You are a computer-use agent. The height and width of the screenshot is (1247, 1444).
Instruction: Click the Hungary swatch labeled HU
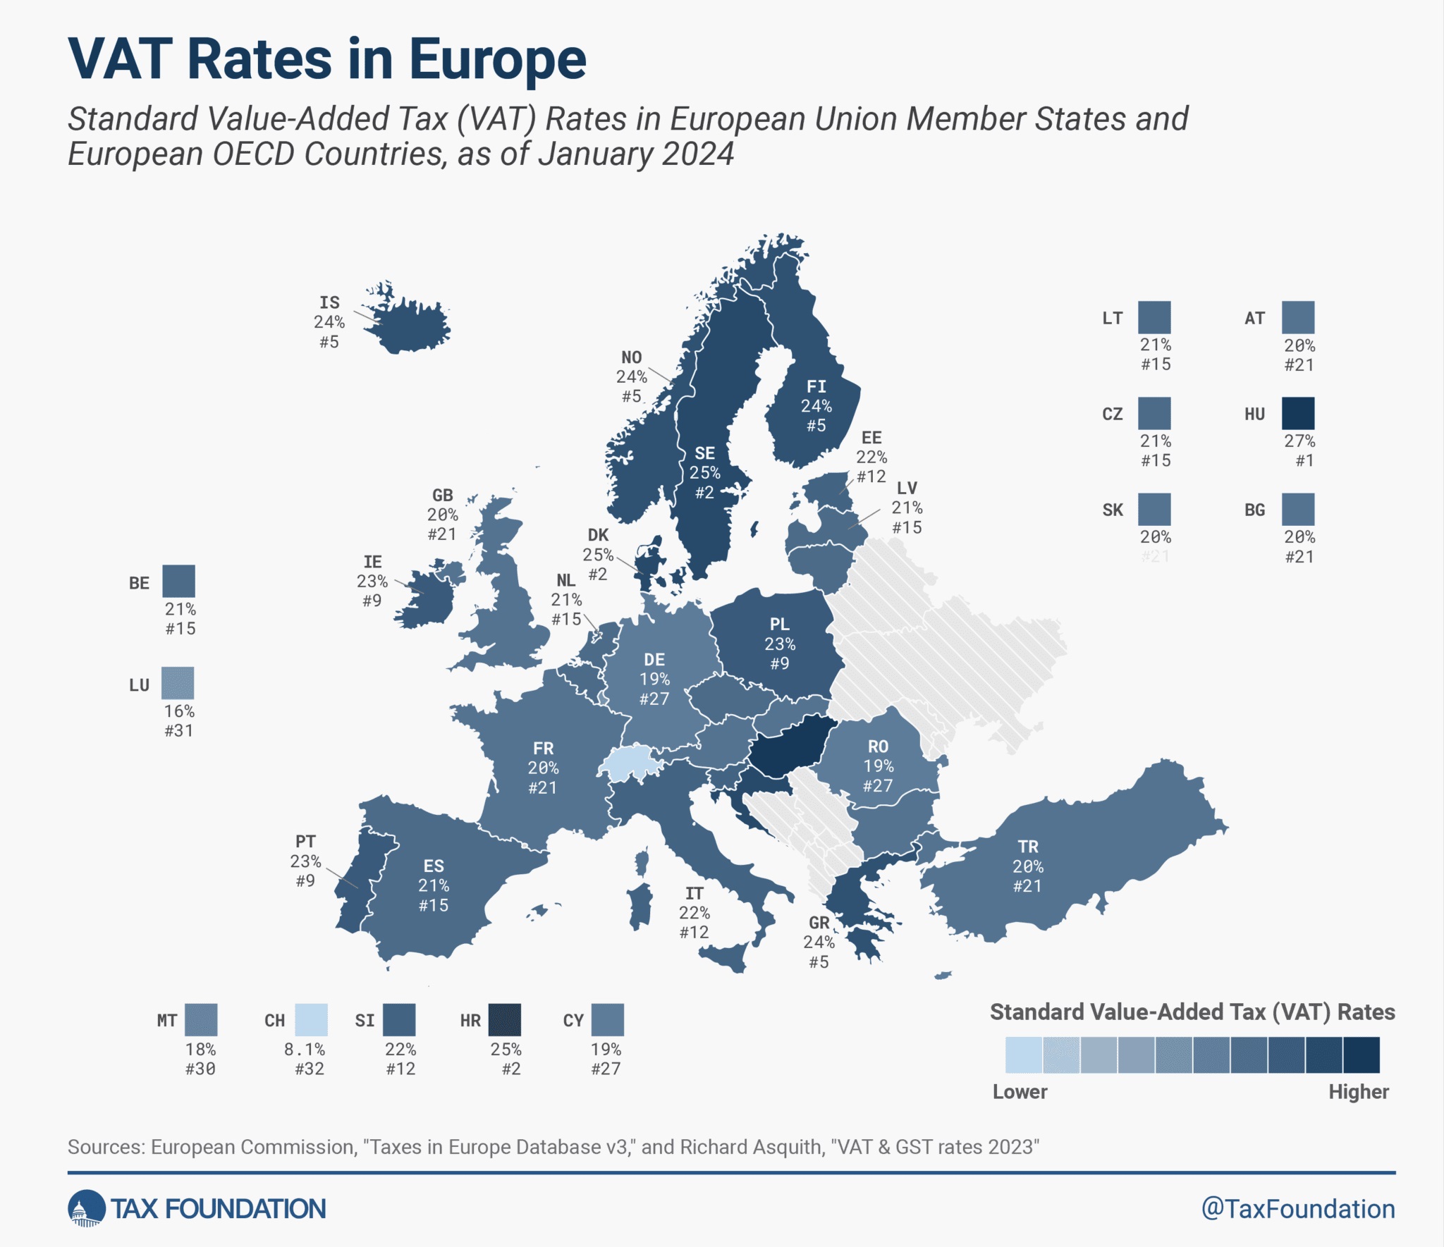(1297, 413)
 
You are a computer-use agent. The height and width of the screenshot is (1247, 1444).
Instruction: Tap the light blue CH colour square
(311, 1019)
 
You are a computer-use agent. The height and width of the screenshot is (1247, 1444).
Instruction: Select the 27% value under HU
(1299, 441)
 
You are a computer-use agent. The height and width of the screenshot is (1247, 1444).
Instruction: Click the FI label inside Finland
(816, 386)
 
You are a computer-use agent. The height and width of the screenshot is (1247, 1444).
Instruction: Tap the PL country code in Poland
(779, 624)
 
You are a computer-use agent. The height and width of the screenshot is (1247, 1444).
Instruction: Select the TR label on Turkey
(1027, 846)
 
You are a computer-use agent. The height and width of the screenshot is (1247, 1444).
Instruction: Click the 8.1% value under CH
(305, 1049)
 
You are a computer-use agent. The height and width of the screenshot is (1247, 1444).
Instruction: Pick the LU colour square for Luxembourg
(178, 683)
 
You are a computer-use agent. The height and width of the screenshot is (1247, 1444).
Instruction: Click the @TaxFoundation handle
(1297, 1208)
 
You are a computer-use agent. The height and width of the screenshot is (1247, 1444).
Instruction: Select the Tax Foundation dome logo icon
(86, 1208)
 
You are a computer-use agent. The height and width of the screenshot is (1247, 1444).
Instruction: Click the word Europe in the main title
(497, 59)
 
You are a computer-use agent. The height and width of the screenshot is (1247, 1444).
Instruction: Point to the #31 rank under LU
(178, 730)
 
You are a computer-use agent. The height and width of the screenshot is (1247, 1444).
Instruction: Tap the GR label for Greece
(819, 922)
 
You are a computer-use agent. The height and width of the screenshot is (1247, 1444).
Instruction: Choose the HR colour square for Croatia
(505, 1019)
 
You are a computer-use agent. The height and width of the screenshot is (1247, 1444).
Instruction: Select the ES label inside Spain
(434, 866)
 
